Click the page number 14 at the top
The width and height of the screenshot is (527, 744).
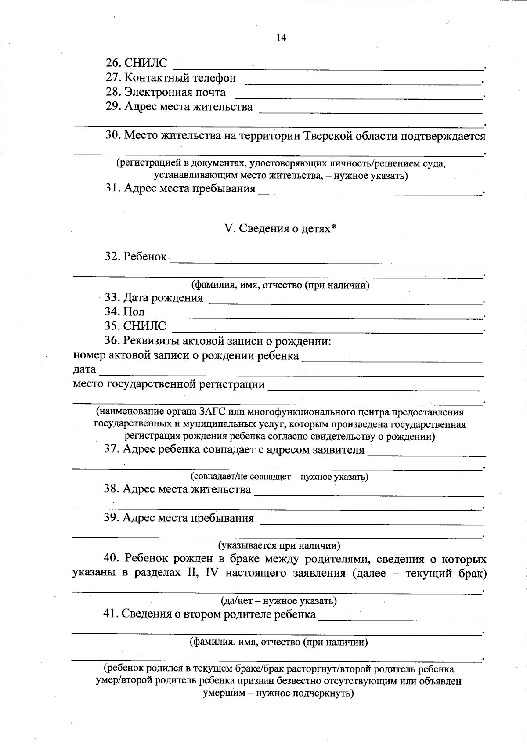281,38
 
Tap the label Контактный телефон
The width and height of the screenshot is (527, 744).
180,78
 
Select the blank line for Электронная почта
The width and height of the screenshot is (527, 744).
358,96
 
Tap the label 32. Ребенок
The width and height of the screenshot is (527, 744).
136,256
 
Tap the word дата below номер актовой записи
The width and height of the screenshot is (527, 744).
84,370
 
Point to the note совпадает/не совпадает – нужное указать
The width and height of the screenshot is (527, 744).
279,477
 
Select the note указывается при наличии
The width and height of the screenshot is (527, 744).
279,546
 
